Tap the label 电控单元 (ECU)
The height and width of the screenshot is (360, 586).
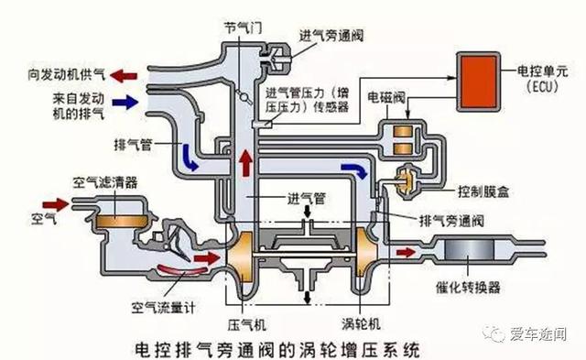pos(543,75)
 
